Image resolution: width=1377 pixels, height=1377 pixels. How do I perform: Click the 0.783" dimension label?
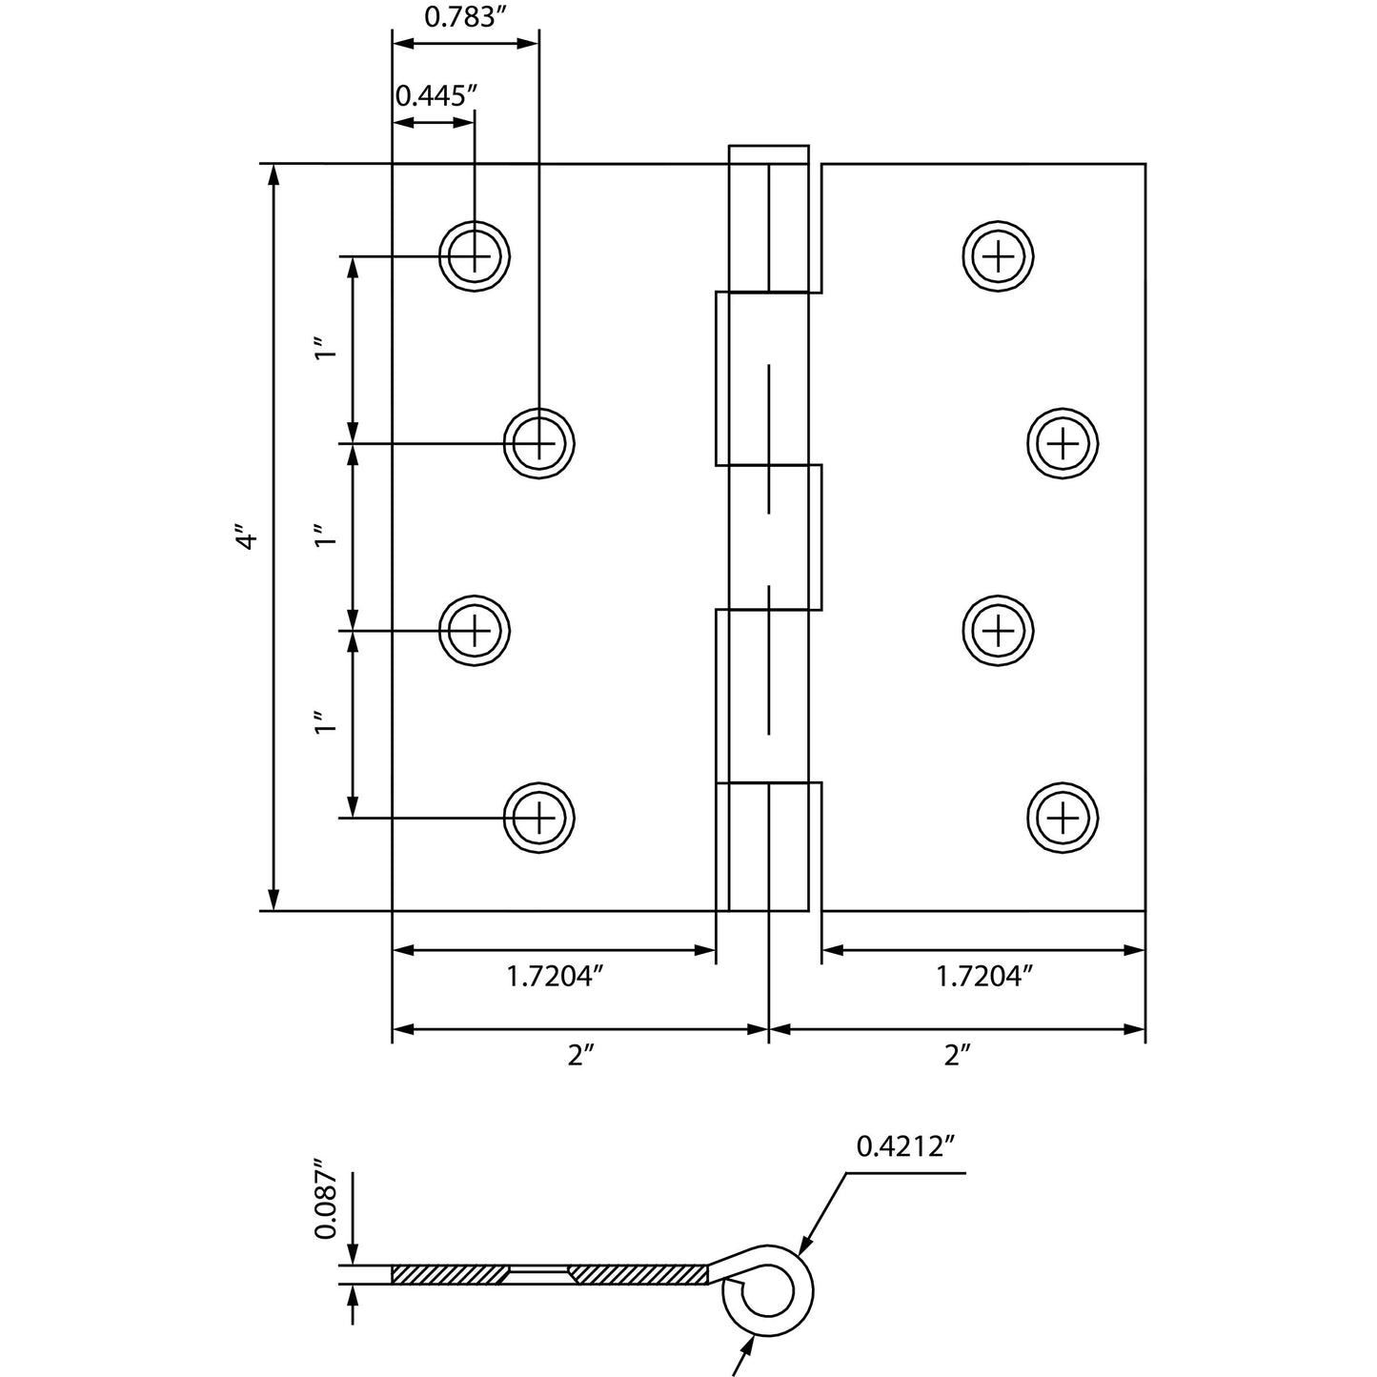tap(463, 19)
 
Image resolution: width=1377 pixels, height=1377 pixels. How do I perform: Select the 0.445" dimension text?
tap(435, 95)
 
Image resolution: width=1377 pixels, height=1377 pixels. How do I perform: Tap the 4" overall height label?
tap(246, 538)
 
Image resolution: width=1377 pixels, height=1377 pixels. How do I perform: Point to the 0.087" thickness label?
tap(325, 1199)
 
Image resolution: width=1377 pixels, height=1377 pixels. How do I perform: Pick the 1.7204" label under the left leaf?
tap(556, 977)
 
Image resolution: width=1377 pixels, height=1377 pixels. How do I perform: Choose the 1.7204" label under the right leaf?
tap(983, 977)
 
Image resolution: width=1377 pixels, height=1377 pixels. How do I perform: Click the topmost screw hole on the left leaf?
tap(475, 255)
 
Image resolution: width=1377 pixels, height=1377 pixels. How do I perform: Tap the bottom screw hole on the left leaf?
tap(539, 818)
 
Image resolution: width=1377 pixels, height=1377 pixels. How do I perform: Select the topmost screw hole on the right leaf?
tap(999, 255)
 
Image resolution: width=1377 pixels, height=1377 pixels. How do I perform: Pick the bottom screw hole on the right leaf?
tap(1063, 818)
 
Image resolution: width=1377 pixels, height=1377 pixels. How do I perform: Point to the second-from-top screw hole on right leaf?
tap(1063, 443)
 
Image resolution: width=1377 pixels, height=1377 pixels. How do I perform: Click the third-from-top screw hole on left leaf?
tap(475, 630)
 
